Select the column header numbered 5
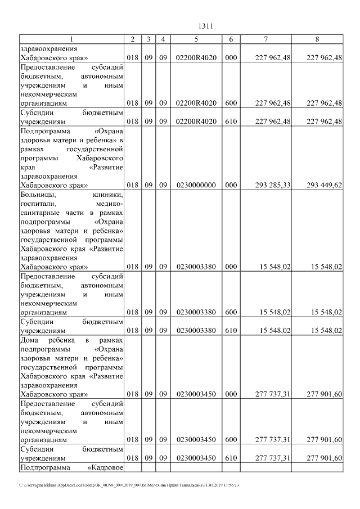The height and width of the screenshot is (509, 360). [196, 39]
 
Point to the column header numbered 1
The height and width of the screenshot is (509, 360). [71, 39]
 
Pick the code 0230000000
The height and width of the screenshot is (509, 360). [196, 185]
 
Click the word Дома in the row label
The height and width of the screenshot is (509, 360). [29, 341]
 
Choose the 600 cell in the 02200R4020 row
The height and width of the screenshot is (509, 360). [231, 103]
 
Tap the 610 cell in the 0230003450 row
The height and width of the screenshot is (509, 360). [231, 458]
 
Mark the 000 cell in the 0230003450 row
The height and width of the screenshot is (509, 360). [231, 394]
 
